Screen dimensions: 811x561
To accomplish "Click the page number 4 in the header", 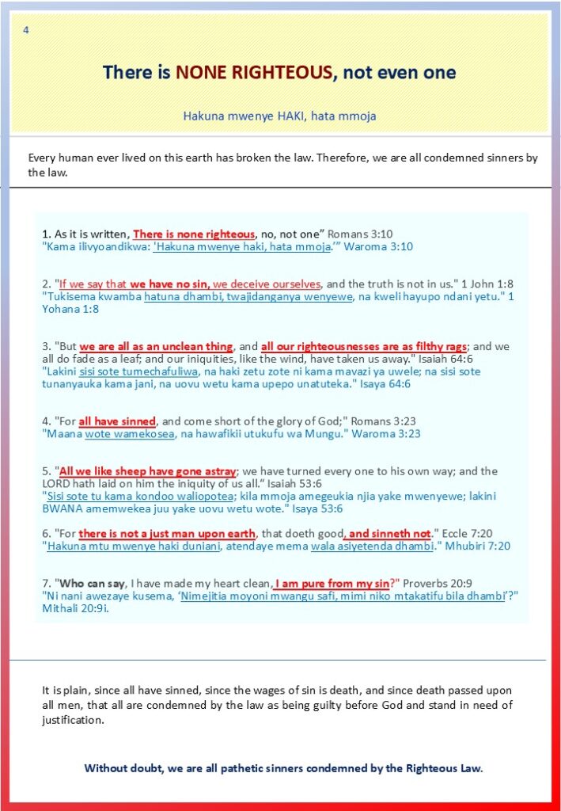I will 27,30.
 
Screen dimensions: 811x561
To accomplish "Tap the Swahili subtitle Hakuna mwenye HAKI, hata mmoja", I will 279,116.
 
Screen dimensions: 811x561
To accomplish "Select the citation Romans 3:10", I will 360,234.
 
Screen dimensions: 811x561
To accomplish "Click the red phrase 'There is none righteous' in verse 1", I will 194,234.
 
